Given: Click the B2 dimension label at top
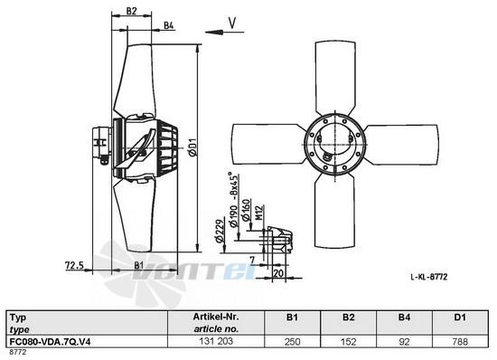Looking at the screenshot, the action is tap(132, 11).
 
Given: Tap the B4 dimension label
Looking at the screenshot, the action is tap(169, 25).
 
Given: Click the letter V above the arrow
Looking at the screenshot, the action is tap(232, 23).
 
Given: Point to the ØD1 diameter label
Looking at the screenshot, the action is tap(193, 147).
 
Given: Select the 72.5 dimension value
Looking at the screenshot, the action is tap(74, 265).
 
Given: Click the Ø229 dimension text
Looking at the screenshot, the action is tap(220, 231).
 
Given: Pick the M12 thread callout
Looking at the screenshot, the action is tap(259, 213).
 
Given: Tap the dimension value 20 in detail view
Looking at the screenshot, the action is tap(278, 273).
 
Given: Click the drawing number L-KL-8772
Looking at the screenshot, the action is tap(429, 277).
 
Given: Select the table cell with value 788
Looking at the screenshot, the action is tap(460, 342).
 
